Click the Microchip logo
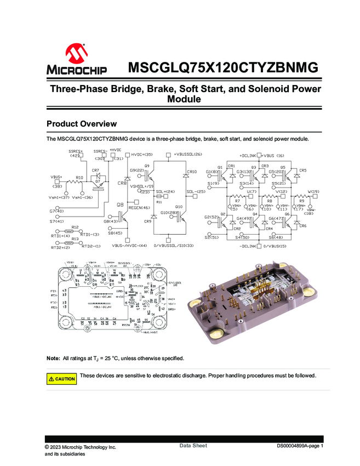coord(76,60)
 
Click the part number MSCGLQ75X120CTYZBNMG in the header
coord(222,68)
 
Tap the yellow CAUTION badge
coord(62,379)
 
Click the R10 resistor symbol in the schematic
coord(80,184)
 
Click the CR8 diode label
coord(123,183)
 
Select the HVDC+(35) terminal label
coord(141,155)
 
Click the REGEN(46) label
coord(139,208)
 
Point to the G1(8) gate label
coord(213,172)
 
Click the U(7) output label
coord(252,191)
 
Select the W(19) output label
coord(313,191)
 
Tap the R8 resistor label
coord(269,201)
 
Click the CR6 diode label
coord(302,226)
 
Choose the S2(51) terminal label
coord(212,238)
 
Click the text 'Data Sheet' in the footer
coord(193,446)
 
